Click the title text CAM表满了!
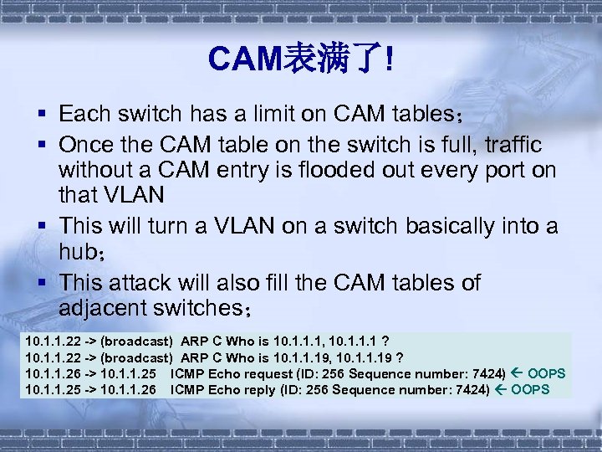coord(301,59)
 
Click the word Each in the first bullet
coord(82,113)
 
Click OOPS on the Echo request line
coord(547,373)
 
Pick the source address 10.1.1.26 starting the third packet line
coord(49,373)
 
